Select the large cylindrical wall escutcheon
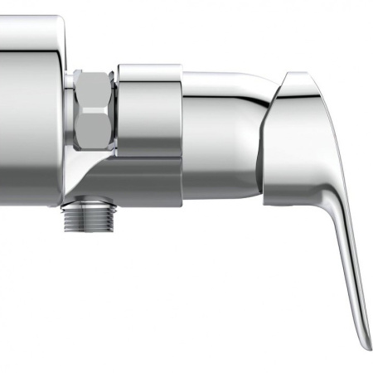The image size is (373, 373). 31,108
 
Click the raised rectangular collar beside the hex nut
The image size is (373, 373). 149,112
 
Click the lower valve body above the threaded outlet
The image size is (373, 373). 124,182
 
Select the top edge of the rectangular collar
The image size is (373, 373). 149,66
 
